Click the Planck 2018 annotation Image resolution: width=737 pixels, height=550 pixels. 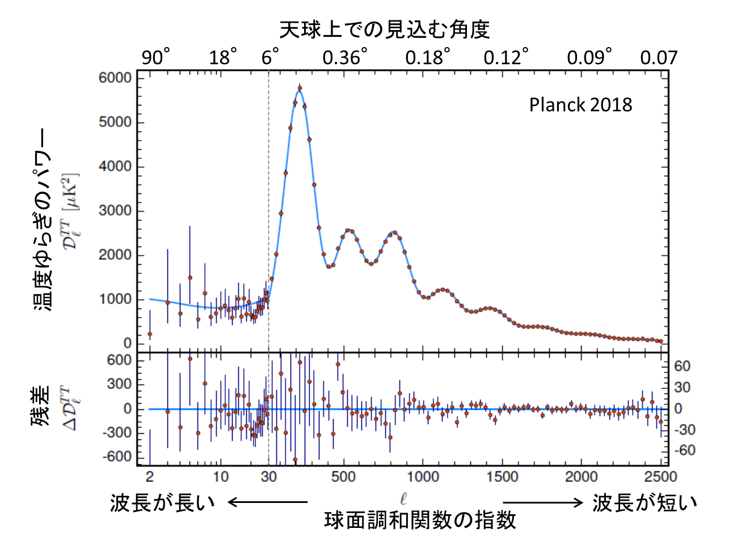point(580,105)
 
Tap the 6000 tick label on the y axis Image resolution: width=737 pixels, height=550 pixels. point(115,78)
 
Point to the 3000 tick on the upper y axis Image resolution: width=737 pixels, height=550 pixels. point(115,211)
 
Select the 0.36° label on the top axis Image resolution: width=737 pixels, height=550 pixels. point(345,57)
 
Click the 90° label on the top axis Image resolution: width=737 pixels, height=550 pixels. point(155,57)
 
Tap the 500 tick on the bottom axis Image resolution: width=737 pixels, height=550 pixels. point(343,476)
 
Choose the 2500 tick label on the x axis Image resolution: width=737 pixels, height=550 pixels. point(660,476)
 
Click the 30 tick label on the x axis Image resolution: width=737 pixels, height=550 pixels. point(268,476)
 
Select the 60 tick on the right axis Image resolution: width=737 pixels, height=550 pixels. point(682,366)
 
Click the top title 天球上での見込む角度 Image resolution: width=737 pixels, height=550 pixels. point(384,29)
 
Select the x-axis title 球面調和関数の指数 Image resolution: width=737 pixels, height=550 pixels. point(420,520)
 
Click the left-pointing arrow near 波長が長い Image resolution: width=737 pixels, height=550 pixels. point(267,502)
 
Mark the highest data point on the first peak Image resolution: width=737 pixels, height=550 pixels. point(300,88)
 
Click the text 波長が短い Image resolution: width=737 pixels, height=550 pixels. point(645,502)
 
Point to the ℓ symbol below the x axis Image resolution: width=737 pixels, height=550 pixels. point(403,499)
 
